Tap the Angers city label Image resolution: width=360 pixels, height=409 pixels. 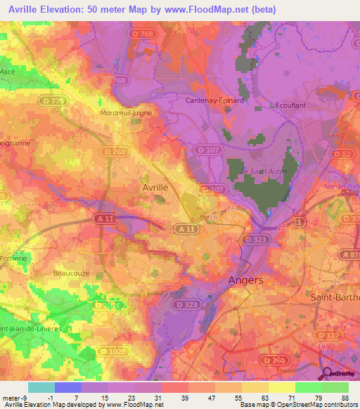pyautogui.click(x=246, y=280)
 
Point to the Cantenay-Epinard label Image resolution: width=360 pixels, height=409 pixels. pyautogui.click(x=214, y=100)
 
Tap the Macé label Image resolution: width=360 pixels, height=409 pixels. pyautogui.click(x=8, y=72)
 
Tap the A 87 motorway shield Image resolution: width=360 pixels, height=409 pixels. pyautogui.click(x=349, y=254)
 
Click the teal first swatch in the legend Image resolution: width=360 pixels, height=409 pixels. pyautogui.click(x=41, y=387)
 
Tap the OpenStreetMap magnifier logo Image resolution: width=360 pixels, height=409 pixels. pyautogui.click(x=328, y=374)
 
